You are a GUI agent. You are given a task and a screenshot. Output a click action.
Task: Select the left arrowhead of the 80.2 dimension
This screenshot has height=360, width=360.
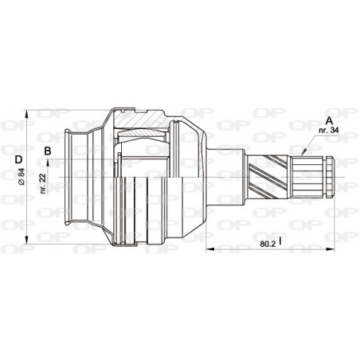(x=210, y=248)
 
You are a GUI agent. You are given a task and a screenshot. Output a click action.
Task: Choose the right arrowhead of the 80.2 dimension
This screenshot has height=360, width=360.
(x=331, y=248)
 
